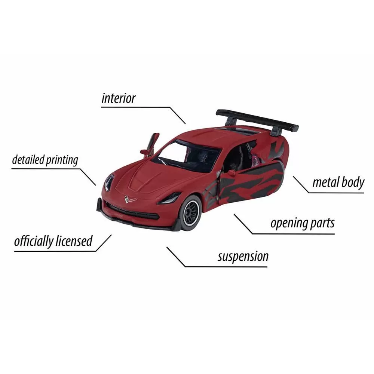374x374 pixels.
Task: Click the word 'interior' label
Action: [x=118, y=98]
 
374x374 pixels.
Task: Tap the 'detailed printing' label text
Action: [x=45, y=160]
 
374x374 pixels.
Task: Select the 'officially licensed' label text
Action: [x=53, y=241]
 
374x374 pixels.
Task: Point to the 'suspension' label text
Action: [x=243, y=257]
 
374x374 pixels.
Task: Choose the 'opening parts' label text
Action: [x=302, y=223]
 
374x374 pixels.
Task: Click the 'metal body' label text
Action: [x=338, y=183]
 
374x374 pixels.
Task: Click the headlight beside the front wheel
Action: [x=169, y=198]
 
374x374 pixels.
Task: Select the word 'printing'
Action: [x=62, y=160]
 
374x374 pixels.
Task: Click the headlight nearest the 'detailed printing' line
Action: [x=109, y=182]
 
